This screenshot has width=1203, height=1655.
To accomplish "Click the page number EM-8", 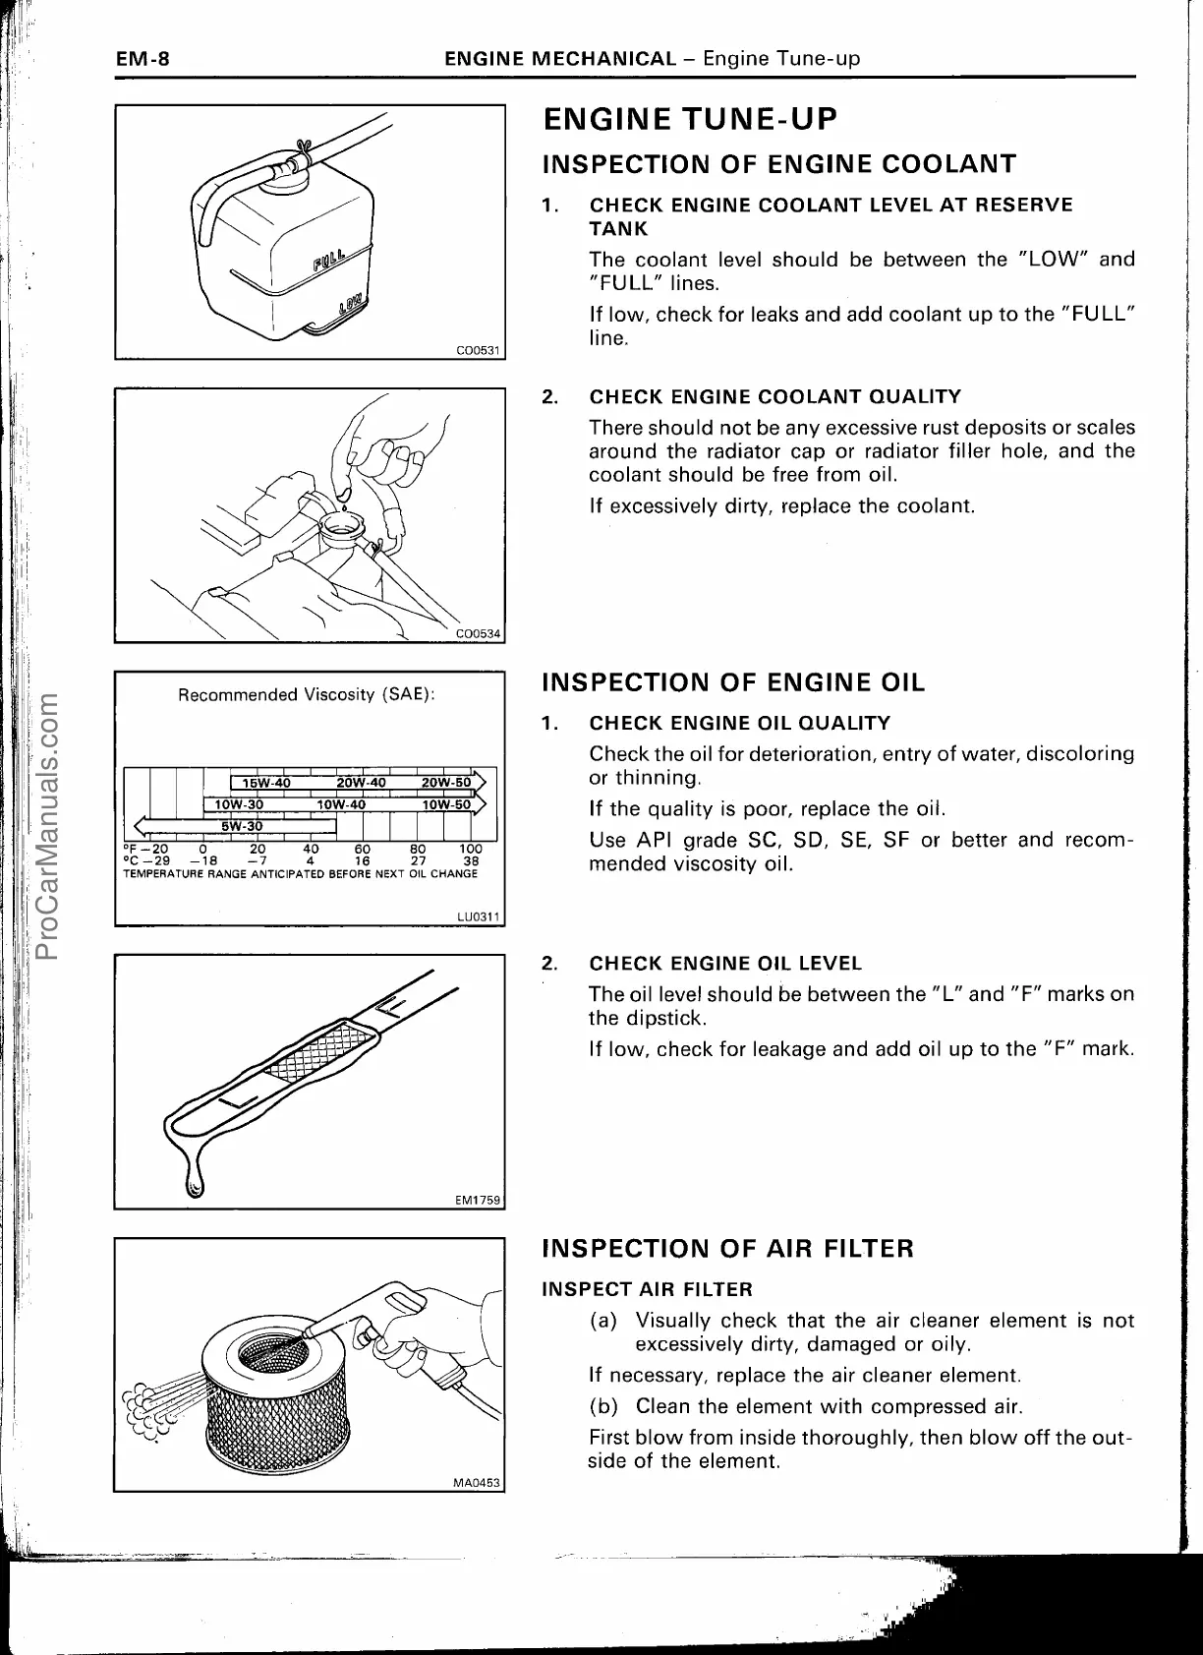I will click(143, 59).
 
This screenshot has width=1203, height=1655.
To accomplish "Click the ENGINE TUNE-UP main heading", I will click(690, 120).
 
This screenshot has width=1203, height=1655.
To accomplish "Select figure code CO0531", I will click(480, 350).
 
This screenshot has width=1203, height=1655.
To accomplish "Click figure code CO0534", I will click(480, 634).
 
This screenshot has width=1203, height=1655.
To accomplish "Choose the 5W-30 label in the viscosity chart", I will click(241, 825).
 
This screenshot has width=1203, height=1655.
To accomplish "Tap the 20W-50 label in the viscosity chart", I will click(445, 783).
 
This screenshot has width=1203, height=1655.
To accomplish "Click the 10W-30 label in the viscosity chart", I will click(240, 804).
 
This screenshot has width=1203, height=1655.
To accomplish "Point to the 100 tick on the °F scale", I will click(471, 849).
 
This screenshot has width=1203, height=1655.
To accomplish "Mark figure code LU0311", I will click(480, 916).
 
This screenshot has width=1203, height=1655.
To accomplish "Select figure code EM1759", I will click(479, 1200).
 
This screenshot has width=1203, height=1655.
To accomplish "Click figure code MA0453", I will click(479, 1483).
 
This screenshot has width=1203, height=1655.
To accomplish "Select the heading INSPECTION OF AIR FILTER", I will click(728, 1249).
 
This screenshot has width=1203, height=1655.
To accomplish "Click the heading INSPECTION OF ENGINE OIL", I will click(733, 682).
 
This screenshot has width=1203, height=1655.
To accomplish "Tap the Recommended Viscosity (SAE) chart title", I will click(306, 695).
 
